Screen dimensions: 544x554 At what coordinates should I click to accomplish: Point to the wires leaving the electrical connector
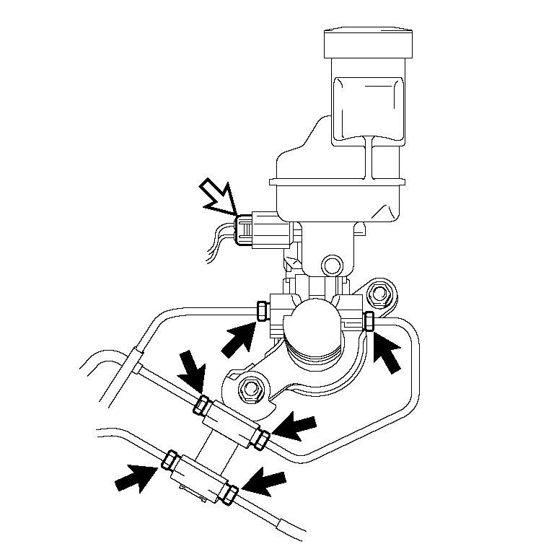tap(220, 238)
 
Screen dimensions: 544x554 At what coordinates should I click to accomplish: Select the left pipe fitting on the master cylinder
tap(263, 311)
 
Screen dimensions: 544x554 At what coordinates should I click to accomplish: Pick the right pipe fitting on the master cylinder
tap(369, 320)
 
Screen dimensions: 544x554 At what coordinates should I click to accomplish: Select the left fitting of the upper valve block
tap(202, 405)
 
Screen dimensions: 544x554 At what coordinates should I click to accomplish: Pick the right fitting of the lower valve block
tap(231, 493)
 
